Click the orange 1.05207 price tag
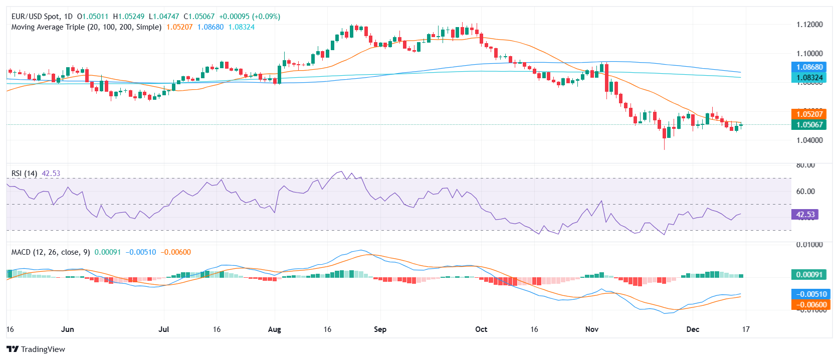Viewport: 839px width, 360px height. [809, 114]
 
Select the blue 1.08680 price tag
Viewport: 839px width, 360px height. [809, 67]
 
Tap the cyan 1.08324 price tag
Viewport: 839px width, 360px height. [809, 78]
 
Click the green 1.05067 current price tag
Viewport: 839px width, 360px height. [809, 125]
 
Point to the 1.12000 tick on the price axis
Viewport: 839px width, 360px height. [809, 25]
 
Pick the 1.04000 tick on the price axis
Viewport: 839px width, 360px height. [809, 140]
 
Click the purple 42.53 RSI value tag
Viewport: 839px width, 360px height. [805, 215]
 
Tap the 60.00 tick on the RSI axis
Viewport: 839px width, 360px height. [805, 192]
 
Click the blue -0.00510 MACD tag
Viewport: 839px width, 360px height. [809, 294]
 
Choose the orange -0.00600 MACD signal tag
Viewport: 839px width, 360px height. [809, 305]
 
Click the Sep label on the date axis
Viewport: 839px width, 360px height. [380, 329]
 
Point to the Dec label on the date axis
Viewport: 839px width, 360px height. [693, 329]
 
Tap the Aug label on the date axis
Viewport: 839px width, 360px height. [274, 329]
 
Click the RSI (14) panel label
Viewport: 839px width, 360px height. [24, 173]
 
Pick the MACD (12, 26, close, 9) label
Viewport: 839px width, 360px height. [51, 252]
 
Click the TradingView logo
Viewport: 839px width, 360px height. [36, 349]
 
